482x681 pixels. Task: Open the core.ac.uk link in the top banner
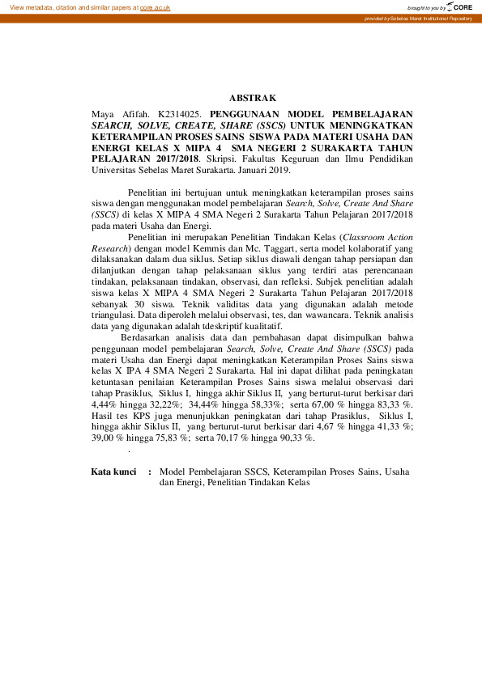point(155,7)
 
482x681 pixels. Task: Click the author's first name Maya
point(104,115)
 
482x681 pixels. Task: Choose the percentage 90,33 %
point(296,438)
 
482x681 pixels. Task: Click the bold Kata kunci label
point(113,472)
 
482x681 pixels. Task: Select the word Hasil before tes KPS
point(103,416)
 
